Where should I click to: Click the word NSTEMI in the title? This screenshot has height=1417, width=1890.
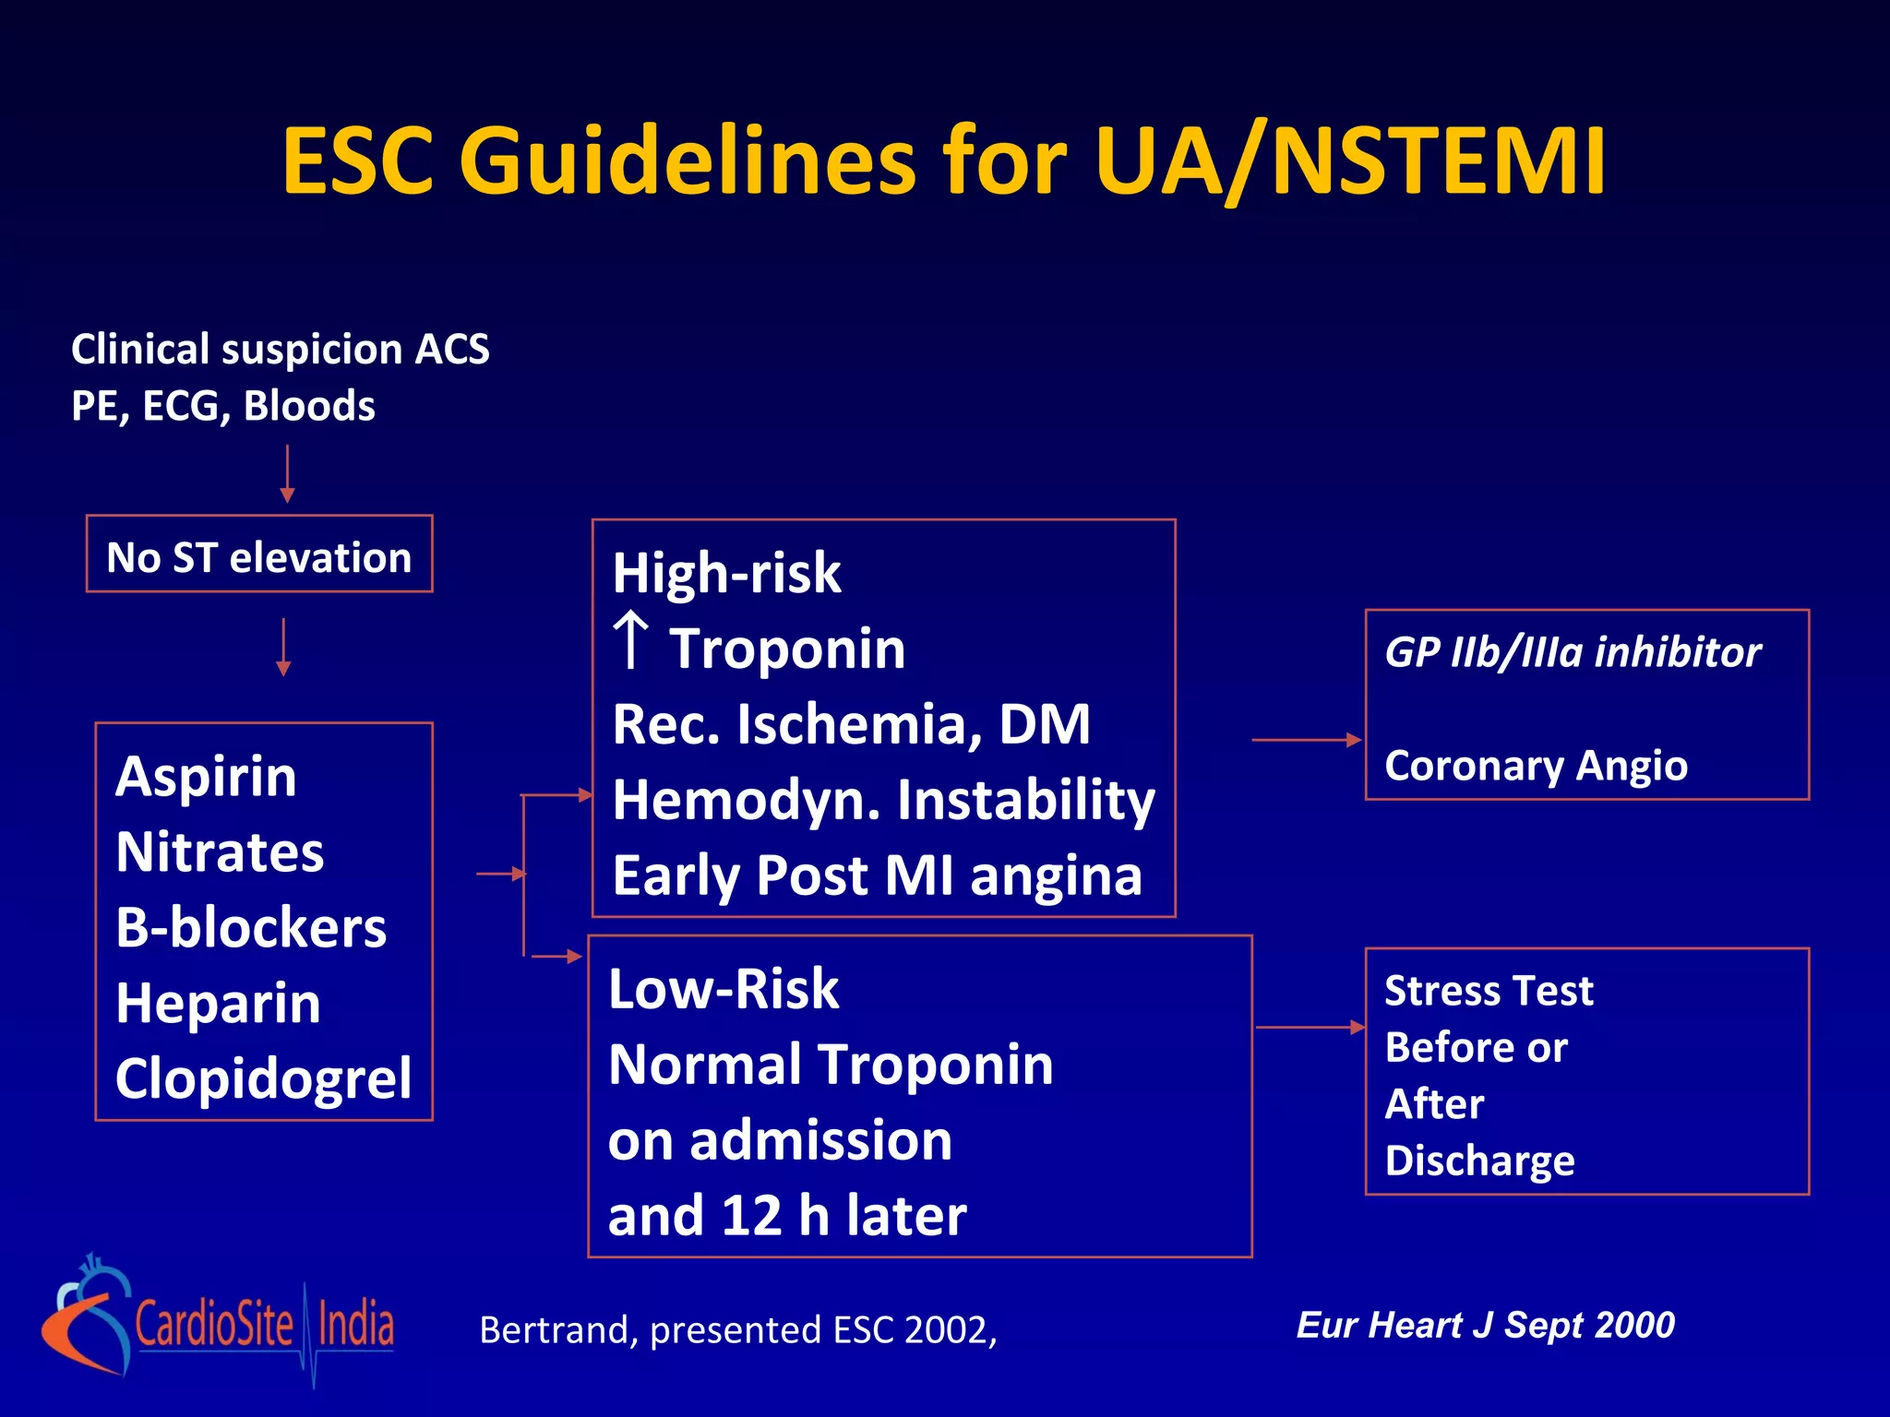[x=1438, y=161]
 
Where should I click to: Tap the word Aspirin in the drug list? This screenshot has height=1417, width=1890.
[x=206, y=777]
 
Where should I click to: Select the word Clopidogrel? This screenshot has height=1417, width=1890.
[x=263, y=1078]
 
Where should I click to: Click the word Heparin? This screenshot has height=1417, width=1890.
[x=218, y=1003]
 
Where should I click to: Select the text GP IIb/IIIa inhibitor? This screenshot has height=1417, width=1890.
[x=1572, y=652]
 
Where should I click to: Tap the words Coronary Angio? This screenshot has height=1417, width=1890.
[x=1536, y=766]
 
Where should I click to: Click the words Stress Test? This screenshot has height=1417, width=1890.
[x=1489, y=991]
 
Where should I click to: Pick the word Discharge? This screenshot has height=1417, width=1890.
[x=1479, y=1161]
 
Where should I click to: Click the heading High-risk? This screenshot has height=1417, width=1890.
[x=726, y=573]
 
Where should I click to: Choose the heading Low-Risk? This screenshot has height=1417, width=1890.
[x=724, y=989]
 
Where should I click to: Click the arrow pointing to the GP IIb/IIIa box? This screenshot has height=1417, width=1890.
[x=1306, y=740]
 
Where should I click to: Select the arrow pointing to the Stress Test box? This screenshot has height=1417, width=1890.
[x=1310, y=1027]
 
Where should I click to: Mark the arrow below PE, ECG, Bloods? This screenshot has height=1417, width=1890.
[x=287, y=473]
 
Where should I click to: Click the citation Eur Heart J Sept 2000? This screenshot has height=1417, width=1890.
[x=1485, y=1325]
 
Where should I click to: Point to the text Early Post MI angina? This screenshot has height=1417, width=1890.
[x=877, y=875]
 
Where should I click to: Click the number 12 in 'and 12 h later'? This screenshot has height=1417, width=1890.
[x=751, y=1216]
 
